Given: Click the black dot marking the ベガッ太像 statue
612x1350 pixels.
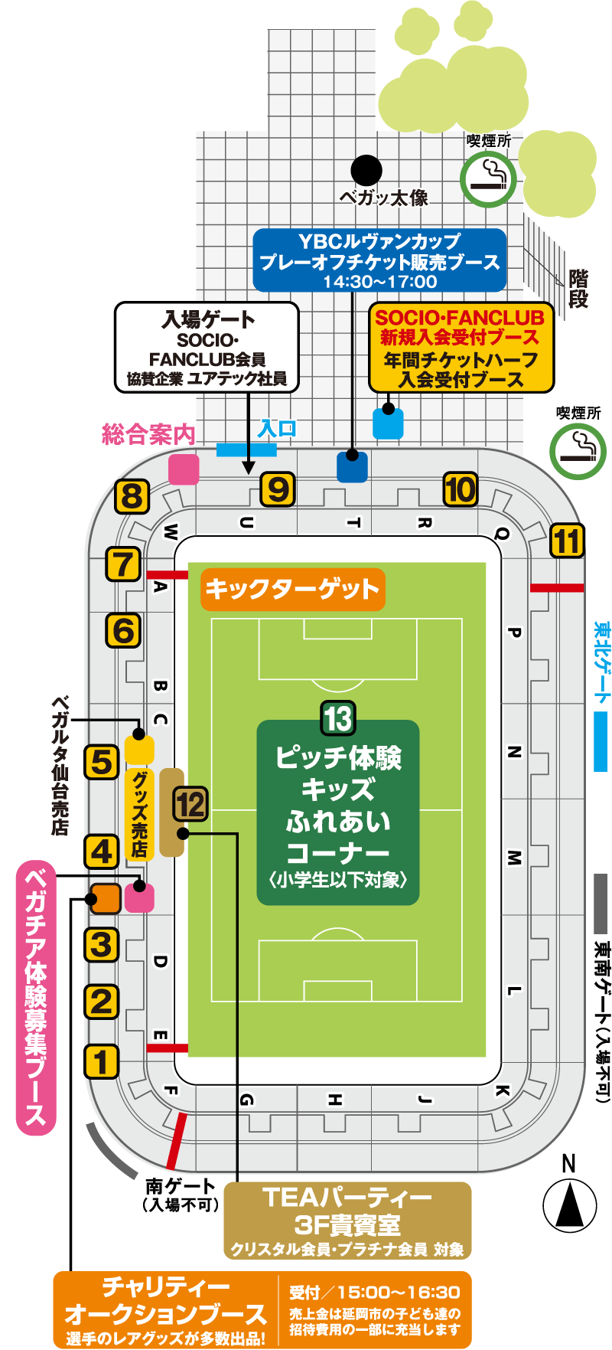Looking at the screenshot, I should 366,170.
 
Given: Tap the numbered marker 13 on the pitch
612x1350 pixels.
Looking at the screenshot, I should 337,719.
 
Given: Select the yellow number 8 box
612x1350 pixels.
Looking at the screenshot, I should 132,497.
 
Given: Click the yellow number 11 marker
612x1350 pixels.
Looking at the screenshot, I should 567,541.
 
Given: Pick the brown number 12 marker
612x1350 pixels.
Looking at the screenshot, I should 190,805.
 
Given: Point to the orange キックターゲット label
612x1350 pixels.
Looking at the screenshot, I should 292,589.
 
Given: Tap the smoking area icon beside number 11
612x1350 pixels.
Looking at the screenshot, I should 578,451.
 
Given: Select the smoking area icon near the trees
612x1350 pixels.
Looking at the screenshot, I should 488,179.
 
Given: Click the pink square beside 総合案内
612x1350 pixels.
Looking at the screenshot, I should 184,469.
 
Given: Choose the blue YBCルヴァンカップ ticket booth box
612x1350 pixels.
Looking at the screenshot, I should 379,260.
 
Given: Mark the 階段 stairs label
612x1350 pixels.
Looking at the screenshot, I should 578,289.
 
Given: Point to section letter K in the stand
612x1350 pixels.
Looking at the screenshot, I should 502,1090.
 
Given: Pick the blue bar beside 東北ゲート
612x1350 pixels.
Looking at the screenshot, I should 601,740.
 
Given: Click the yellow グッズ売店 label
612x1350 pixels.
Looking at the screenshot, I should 139,813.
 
